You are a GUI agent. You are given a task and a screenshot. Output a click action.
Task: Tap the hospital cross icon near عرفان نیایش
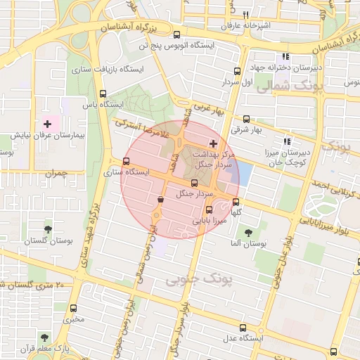click(47, 124)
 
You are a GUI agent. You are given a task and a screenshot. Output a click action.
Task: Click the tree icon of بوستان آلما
click(247, 233)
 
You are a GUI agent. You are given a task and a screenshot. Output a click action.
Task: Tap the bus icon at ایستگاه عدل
click(243, 328)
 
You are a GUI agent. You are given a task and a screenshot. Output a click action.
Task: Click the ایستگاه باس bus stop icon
click(103, 94)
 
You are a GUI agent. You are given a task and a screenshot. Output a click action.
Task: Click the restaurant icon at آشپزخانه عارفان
click(245, 15)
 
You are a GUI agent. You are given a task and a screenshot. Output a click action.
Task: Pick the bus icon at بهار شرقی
click(246, 120)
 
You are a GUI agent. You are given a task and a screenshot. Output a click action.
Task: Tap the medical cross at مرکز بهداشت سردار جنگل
click(214, 143)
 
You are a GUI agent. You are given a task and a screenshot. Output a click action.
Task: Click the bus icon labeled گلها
click(236, 202)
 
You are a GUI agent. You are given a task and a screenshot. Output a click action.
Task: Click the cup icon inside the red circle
click(162, 201)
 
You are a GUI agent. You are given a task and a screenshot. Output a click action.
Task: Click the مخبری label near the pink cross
click(74, 320)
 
